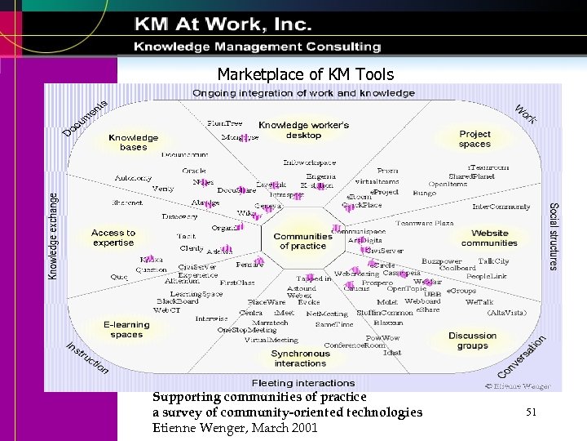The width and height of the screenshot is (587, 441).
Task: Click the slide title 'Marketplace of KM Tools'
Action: [305, 75]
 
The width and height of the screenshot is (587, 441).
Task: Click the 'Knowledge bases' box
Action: [133, 143]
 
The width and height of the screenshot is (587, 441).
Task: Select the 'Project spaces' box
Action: [474, 139]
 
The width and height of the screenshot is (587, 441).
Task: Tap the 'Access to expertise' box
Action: [113, 238]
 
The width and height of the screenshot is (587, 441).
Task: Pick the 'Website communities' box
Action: [489, 238]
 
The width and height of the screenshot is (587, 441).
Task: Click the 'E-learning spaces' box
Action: [126, 329]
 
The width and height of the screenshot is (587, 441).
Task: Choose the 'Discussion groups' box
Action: [472, 341]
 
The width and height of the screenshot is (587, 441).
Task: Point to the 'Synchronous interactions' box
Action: [300, 359]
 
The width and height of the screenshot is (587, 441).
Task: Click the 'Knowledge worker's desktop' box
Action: [303, 130]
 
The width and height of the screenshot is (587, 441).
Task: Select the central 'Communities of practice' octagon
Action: [302, 241]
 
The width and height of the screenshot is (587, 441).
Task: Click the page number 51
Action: [531, 413]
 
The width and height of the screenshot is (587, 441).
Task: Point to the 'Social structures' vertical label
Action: [554, 236]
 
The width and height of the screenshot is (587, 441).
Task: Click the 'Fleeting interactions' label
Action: [302, 383]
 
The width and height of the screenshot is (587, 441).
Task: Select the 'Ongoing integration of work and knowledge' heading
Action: [303, 93]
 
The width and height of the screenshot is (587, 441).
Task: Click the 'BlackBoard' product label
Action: [178, 301]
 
